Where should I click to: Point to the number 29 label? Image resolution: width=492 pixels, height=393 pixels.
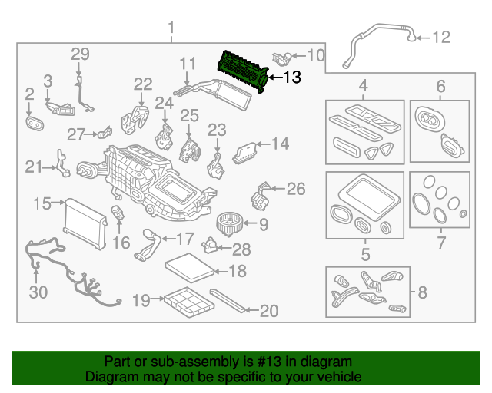(81, 54)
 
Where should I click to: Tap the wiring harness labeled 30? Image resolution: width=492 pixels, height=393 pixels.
(61, 269)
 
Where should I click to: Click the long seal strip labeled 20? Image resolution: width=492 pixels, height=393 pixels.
(228, 301)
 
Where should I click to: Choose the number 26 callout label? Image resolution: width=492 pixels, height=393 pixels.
(295, 187)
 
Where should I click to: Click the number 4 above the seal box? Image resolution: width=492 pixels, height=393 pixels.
(364, 85)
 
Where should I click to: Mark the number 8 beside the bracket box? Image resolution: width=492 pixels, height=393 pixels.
(421, 292)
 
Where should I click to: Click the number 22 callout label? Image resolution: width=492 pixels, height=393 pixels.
(143, 84)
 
